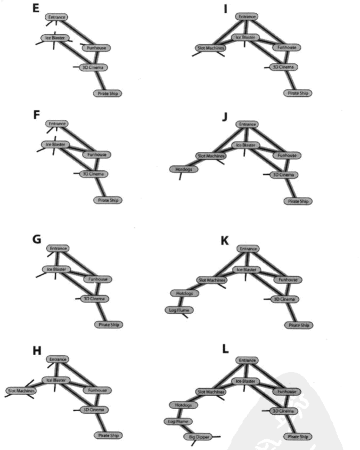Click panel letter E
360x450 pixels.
(37, 10)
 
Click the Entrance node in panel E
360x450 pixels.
(56, 17)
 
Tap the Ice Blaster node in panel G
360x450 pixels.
(57, 269)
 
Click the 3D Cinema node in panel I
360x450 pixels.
(283, 67)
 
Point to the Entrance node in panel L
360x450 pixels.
(246, 361)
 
